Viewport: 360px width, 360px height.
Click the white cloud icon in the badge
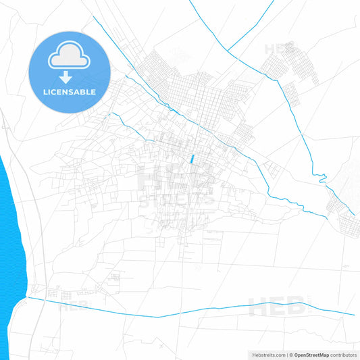coord(70,58)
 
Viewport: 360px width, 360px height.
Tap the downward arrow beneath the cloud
coord(70,76)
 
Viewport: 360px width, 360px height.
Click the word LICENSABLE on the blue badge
coord(70,92)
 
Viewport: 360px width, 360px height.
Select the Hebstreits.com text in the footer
coord(267,354)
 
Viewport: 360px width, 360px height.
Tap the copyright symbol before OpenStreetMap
coord(290,354)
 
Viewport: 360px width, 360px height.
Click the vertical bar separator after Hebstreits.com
coord(285,354)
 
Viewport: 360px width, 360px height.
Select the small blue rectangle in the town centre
coord(192,159)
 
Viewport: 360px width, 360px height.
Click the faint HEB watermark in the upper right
coord(279,49)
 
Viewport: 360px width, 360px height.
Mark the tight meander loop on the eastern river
coord(322,180)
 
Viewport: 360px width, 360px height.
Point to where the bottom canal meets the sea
coord(28,297)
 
